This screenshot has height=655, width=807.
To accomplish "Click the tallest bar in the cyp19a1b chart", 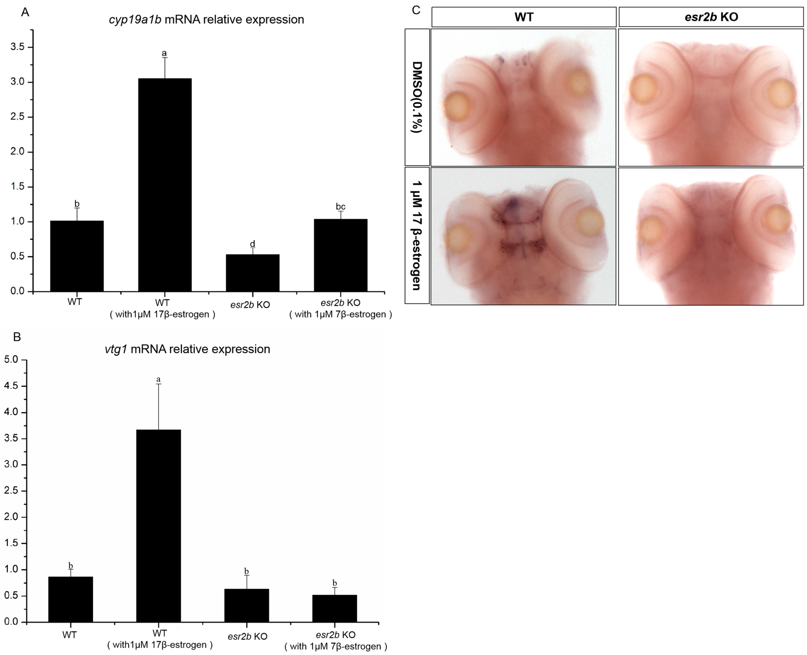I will [165, 185].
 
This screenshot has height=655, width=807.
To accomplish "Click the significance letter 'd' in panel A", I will [253, 244].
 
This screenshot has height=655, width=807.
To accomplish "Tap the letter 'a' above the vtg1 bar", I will [158, 379].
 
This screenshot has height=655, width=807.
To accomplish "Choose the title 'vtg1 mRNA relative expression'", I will [187, 349].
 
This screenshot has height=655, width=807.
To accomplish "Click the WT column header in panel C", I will [524, 17].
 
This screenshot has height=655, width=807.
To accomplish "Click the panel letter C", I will [416, 10].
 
